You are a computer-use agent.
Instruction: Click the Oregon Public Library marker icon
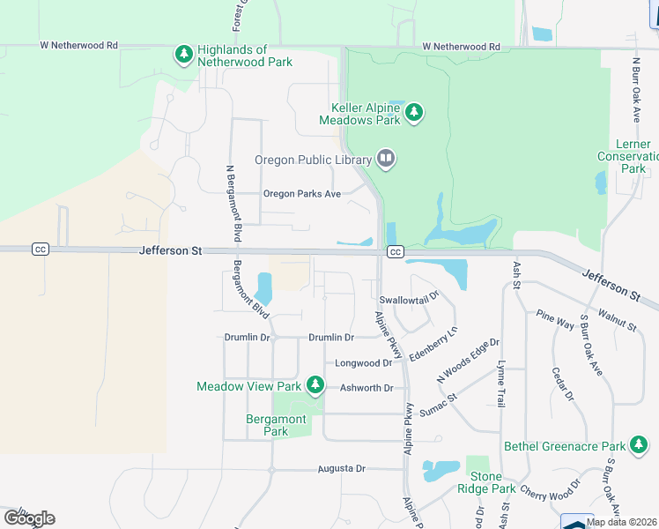386,159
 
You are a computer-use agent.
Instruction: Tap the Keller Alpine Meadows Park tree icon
414,113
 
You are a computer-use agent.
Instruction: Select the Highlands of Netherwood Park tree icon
183,56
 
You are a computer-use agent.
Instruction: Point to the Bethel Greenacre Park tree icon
640,446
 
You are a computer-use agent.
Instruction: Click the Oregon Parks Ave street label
301,194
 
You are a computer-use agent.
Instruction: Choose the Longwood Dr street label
363,362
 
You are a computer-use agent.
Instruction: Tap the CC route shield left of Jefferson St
40,250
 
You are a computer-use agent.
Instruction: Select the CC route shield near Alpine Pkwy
395,252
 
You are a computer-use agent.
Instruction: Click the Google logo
28,518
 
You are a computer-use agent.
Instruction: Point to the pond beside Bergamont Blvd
263,287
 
